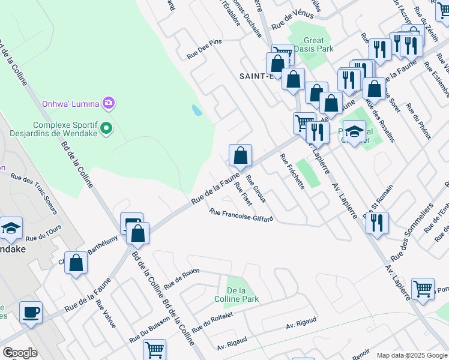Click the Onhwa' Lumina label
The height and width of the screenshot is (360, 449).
point(70,103)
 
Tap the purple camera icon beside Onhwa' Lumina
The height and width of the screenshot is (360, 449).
point(108,103)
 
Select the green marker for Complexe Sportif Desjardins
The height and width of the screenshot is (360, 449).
point(106,127)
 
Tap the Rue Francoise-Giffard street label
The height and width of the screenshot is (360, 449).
point(241,214)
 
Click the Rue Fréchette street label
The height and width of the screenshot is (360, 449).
point(292,172)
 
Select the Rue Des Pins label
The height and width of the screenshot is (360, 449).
point(204,49)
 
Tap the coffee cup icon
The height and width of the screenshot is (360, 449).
point(31,312)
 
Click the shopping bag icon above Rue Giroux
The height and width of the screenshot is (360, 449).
point(240,155)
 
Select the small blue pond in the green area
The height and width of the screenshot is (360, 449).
point(197,110)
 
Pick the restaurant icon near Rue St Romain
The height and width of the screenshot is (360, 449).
point(376,223)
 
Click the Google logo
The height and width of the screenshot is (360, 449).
point(20,353)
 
